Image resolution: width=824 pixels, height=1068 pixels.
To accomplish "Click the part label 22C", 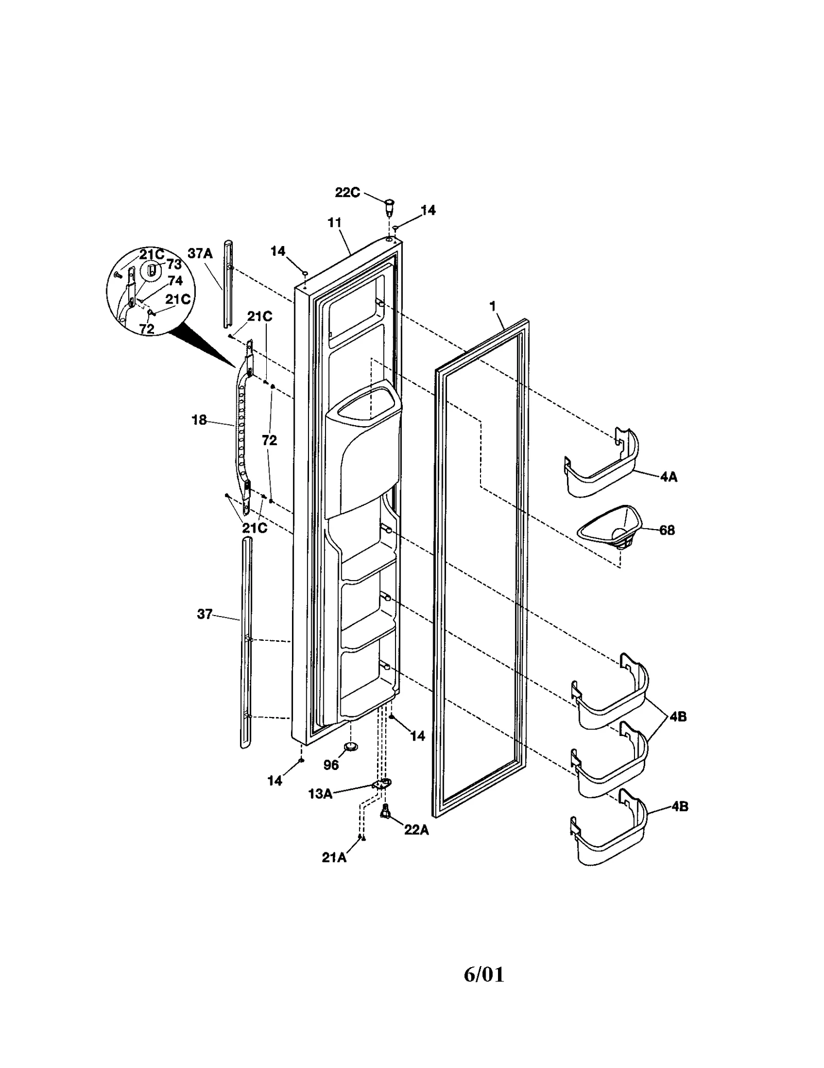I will [347, 192].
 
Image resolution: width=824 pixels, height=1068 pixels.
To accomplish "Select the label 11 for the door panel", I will [334, 223].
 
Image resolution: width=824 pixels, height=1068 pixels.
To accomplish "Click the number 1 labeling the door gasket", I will [492, 307].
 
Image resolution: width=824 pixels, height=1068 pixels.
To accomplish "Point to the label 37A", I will [200, 253].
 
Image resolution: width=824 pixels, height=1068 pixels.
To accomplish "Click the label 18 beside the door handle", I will [199, 420].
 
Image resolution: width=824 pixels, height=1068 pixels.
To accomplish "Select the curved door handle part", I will [242, 427].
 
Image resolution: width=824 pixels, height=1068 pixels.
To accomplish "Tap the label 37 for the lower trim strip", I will [204, 614].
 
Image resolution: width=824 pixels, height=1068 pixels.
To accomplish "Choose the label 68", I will [667, 530].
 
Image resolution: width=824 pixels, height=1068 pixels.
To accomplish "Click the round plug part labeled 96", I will [351, 746].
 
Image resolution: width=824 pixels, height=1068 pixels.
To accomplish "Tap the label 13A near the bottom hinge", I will [320, 794].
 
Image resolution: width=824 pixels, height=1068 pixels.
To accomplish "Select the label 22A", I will [416, 830].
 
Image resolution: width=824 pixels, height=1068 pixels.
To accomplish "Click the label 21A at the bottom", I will [334, 857].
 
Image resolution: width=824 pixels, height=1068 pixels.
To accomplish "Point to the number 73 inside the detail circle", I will [174, 264].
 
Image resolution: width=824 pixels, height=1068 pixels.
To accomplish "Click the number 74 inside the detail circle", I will [175, 282].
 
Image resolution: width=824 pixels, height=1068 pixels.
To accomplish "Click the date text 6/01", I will [484, 974].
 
